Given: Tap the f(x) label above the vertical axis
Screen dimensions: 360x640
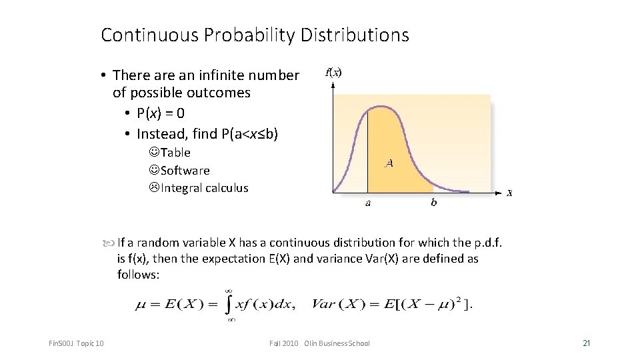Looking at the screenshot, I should point(333,73).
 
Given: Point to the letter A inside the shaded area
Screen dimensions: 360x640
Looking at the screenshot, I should point(389,163).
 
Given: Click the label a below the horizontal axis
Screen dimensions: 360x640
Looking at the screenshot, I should point(368,203).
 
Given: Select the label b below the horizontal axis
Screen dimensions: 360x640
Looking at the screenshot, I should point(433,203).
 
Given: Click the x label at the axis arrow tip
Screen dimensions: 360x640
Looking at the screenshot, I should point(509,193).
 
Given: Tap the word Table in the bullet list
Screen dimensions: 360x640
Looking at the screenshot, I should point(175,153).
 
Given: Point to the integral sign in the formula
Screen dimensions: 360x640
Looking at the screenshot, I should point(228,305).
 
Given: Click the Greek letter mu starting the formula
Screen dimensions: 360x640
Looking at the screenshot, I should point(141,305).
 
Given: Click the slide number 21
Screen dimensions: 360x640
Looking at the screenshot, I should point(587,343).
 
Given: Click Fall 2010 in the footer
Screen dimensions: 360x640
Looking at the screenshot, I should point(284,343).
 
